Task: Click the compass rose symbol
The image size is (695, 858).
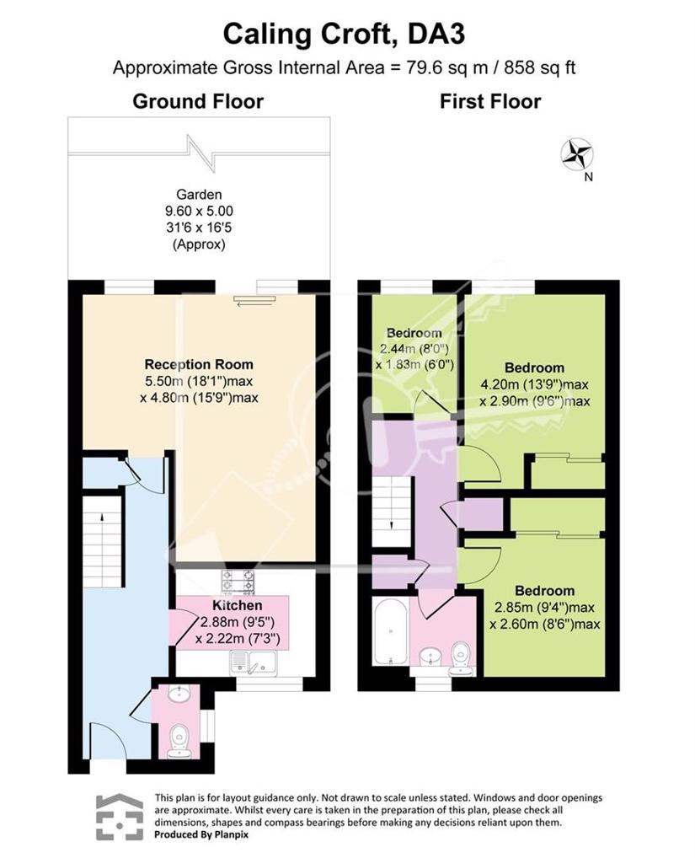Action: [577, 154]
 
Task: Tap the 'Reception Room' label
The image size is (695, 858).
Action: [199, 364]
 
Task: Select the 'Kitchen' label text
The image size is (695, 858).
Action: [237, 605]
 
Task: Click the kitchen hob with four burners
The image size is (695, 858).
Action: [238, 582]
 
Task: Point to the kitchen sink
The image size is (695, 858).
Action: [254, 663]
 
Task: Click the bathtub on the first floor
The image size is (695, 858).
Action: [390, 631]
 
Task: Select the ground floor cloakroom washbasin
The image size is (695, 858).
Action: [179, 694]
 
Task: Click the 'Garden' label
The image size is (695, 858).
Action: [199, 194]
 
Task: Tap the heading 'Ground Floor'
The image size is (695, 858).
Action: [198, 101]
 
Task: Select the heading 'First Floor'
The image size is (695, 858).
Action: [490, 101]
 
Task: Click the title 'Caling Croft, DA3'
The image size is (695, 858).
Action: [344, 34]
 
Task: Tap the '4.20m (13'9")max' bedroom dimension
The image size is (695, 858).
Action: [534, 384]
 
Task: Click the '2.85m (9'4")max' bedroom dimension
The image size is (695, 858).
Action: [544, 608]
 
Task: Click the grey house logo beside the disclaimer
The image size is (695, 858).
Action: [120, 817]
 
